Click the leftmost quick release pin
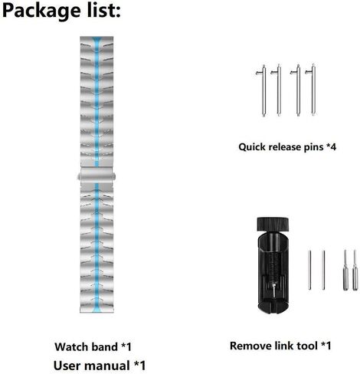pos(263,90)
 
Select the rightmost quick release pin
pos(313,90)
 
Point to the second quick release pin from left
pos(278,90)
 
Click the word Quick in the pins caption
pos(252,147)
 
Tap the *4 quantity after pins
pos(331,146)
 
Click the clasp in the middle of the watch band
pos(97,175)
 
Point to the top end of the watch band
pos(97,38)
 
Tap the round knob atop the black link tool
pos(273,224)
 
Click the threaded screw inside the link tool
pos(273,266)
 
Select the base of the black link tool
pos(273,307)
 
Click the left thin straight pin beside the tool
pos(309,270)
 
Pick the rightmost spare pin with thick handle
pos(355,271)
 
